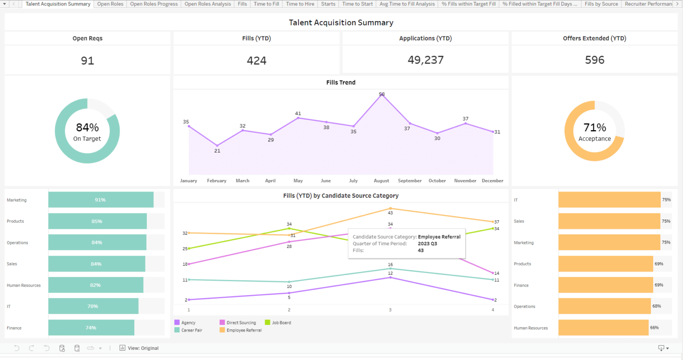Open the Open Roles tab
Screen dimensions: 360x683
point(110,4)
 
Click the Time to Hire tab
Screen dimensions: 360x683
point(300,4)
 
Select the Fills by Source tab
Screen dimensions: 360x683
point(601,4)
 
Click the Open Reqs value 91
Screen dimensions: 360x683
point(88,60)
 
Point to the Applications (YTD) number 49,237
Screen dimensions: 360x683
point(426,60)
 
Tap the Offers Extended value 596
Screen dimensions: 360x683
point(595,60)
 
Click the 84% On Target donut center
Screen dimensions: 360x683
point(88,132)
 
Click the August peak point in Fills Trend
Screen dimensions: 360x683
point(382,95)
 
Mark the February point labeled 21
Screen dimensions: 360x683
point(217,145)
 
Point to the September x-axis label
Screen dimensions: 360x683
point(410,181)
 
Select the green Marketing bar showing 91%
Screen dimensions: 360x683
point(100,200)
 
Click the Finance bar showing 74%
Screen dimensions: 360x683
point(91,328)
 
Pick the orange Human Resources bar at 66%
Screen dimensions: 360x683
point(603,328)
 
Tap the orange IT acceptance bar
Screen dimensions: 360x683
point(609,200)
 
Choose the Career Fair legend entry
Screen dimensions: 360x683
point(192,330)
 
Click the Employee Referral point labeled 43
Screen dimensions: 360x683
point(390,208)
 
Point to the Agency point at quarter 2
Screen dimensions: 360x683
point(289,293)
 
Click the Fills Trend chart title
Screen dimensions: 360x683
point(341,82)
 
